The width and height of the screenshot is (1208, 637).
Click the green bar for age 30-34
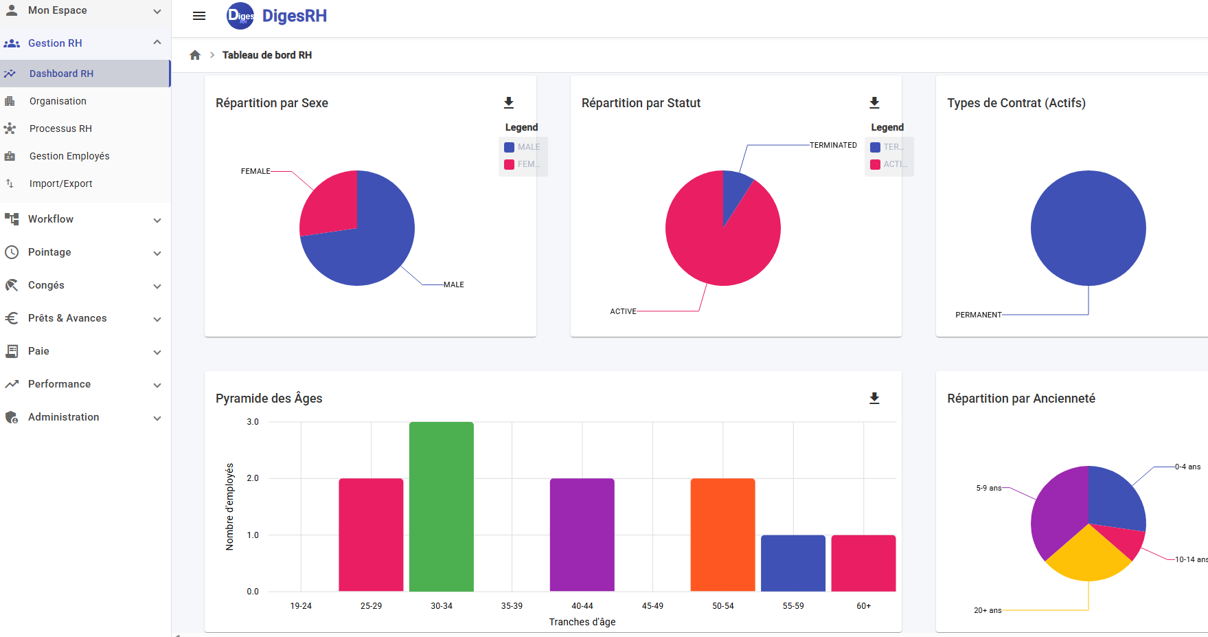[441, 506]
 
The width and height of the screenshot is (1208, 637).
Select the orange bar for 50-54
[722, 535]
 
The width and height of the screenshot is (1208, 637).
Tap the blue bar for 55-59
[793, 563]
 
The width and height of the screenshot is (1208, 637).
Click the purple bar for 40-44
[582, 535]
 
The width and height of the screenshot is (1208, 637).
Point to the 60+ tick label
[863, 606]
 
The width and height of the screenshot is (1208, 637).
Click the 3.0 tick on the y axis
[253, 422]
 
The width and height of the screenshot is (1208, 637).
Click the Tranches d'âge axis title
[582, 622]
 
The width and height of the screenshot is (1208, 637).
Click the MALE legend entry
[523, 147]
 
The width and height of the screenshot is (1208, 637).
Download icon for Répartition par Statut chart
[874, 103]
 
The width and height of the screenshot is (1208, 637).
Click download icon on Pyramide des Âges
[874, 399]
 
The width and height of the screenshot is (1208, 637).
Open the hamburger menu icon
[199, 16]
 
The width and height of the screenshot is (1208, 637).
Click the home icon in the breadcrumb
[195, 55]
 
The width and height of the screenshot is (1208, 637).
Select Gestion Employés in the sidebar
[69, 156]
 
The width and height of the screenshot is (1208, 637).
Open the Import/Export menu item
[60, 183]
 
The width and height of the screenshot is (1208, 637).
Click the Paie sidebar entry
[38, 351]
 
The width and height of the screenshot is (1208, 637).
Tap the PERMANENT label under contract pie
[978, 315]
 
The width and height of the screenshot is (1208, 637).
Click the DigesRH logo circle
[240, 16]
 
